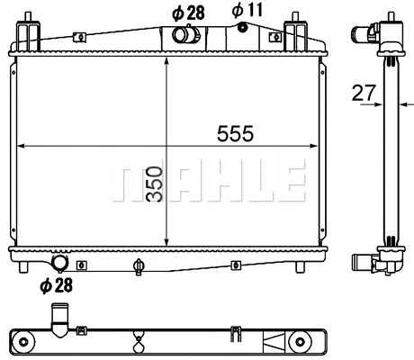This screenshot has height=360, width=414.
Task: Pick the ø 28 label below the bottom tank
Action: point(56,286)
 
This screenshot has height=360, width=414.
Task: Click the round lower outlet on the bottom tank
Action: point(61,263)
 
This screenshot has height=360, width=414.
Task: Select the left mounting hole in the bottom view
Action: point(23,340)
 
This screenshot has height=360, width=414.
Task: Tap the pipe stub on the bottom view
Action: point(60,318)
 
